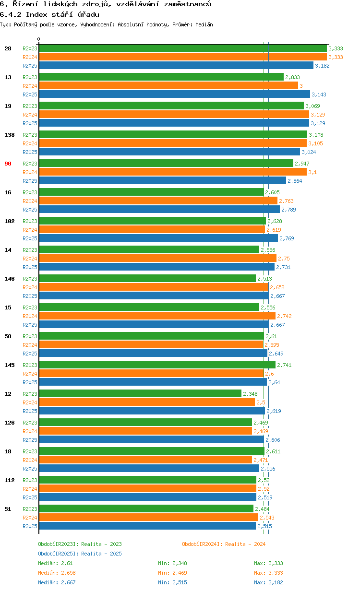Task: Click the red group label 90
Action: pyautogui.click(x=8, y=164)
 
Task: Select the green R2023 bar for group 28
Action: pyautogui.click(x=182, y=48)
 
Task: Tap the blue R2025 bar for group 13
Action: pyautogui.click(x=174, y=95)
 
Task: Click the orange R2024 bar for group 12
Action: pyautogui.click(x=146, y=402)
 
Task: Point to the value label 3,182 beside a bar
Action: pyautogui.click(x=322, y=66)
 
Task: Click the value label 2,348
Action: pyautogui.click(x=250, y=394)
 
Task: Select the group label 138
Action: pyautogui.click(x=10, y=135)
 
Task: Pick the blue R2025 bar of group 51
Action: pyautogui.click(x=147, y=526)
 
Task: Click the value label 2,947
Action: pyautogui.click(x=302, y=164)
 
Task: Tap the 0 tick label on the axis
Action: pyautogui.click(x=39, y=39)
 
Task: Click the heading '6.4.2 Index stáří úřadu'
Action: pyautogui.click(x=49, y=14)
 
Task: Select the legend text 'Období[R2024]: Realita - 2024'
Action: pyautogui.click(x=224, y=544)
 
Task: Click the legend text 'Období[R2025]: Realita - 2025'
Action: pyautogui.click(x=80, y=554)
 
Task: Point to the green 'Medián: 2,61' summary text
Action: pyautogui.click(x=55, y=563)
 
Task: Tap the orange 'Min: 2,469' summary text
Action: pyautogui.click(x=172, y=573)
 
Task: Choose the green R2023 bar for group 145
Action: pyautogui.click(x=157, y=365)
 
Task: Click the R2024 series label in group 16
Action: pyautogui.click(x=30, y=201)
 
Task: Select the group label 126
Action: pyautogui.click(x=10, y=423)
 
